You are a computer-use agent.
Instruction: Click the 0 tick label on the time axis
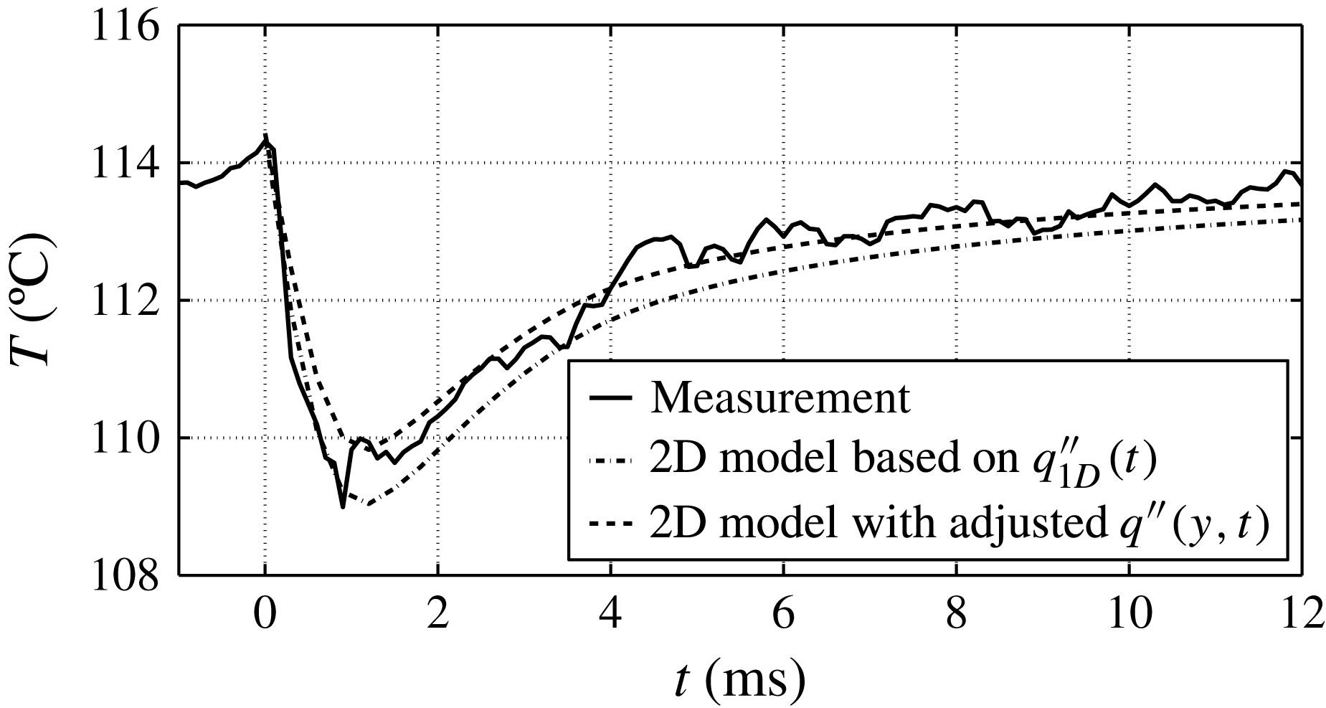265,615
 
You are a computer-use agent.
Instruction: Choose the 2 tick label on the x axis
437,615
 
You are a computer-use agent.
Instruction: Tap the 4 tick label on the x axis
610,615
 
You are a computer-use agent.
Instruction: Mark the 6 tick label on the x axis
784,615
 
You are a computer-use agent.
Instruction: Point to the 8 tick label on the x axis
956,615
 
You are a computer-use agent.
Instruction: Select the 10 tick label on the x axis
1129,615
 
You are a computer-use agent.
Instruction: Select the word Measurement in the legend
780,399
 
